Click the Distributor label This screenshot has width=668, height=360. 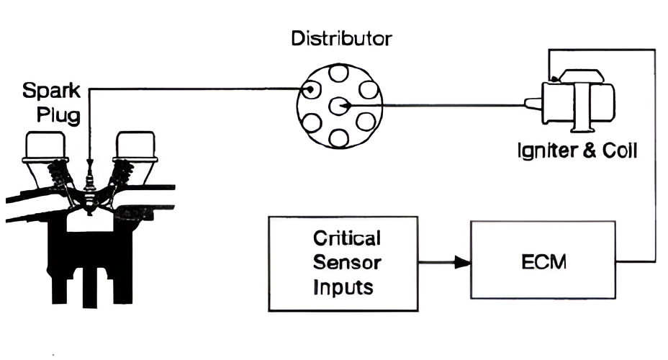pos(341,38)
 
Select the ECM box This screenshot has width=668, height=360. pos(543,261)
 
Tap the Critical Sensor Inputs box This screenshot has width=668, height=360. pos(343,264)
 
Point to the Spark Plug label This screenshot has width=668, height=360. pos(48,104)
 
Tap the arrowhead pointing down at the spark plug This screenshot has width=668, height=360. pos(89,161)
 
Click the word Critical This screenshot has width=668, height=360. pos(347,238)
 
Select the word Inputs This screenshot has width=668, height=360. pos(343,288)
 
